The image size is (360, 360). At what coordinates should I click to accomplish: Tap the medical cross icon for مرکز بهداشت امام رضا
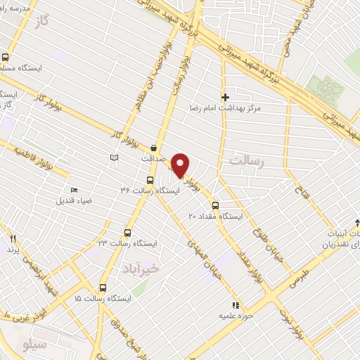coord(225,97)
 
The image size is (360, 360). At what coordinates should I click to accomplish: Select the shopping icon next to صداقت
coord(153,147)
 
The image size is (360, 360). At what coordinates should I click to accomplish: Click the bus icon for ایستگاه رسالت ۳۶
coord(159,179)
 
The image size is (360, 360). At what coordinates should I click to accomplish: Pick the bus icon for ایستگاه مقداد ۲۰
coord(214,205)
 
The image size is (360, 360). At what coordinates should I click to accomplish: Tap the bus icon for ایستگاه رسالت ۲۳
coord(128,232)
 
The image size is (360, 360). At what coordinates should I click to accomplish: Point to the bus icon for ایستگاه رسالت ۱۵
coord(103,288)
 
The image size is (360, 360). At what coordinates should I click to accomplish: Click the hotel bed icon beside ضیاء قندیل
coord(75,190)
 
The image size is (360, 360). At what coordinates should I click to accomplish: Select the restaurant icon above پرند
coord(12,238)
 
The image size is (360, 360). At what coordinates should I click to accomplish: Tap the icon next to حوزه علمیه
coord(236,305)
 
